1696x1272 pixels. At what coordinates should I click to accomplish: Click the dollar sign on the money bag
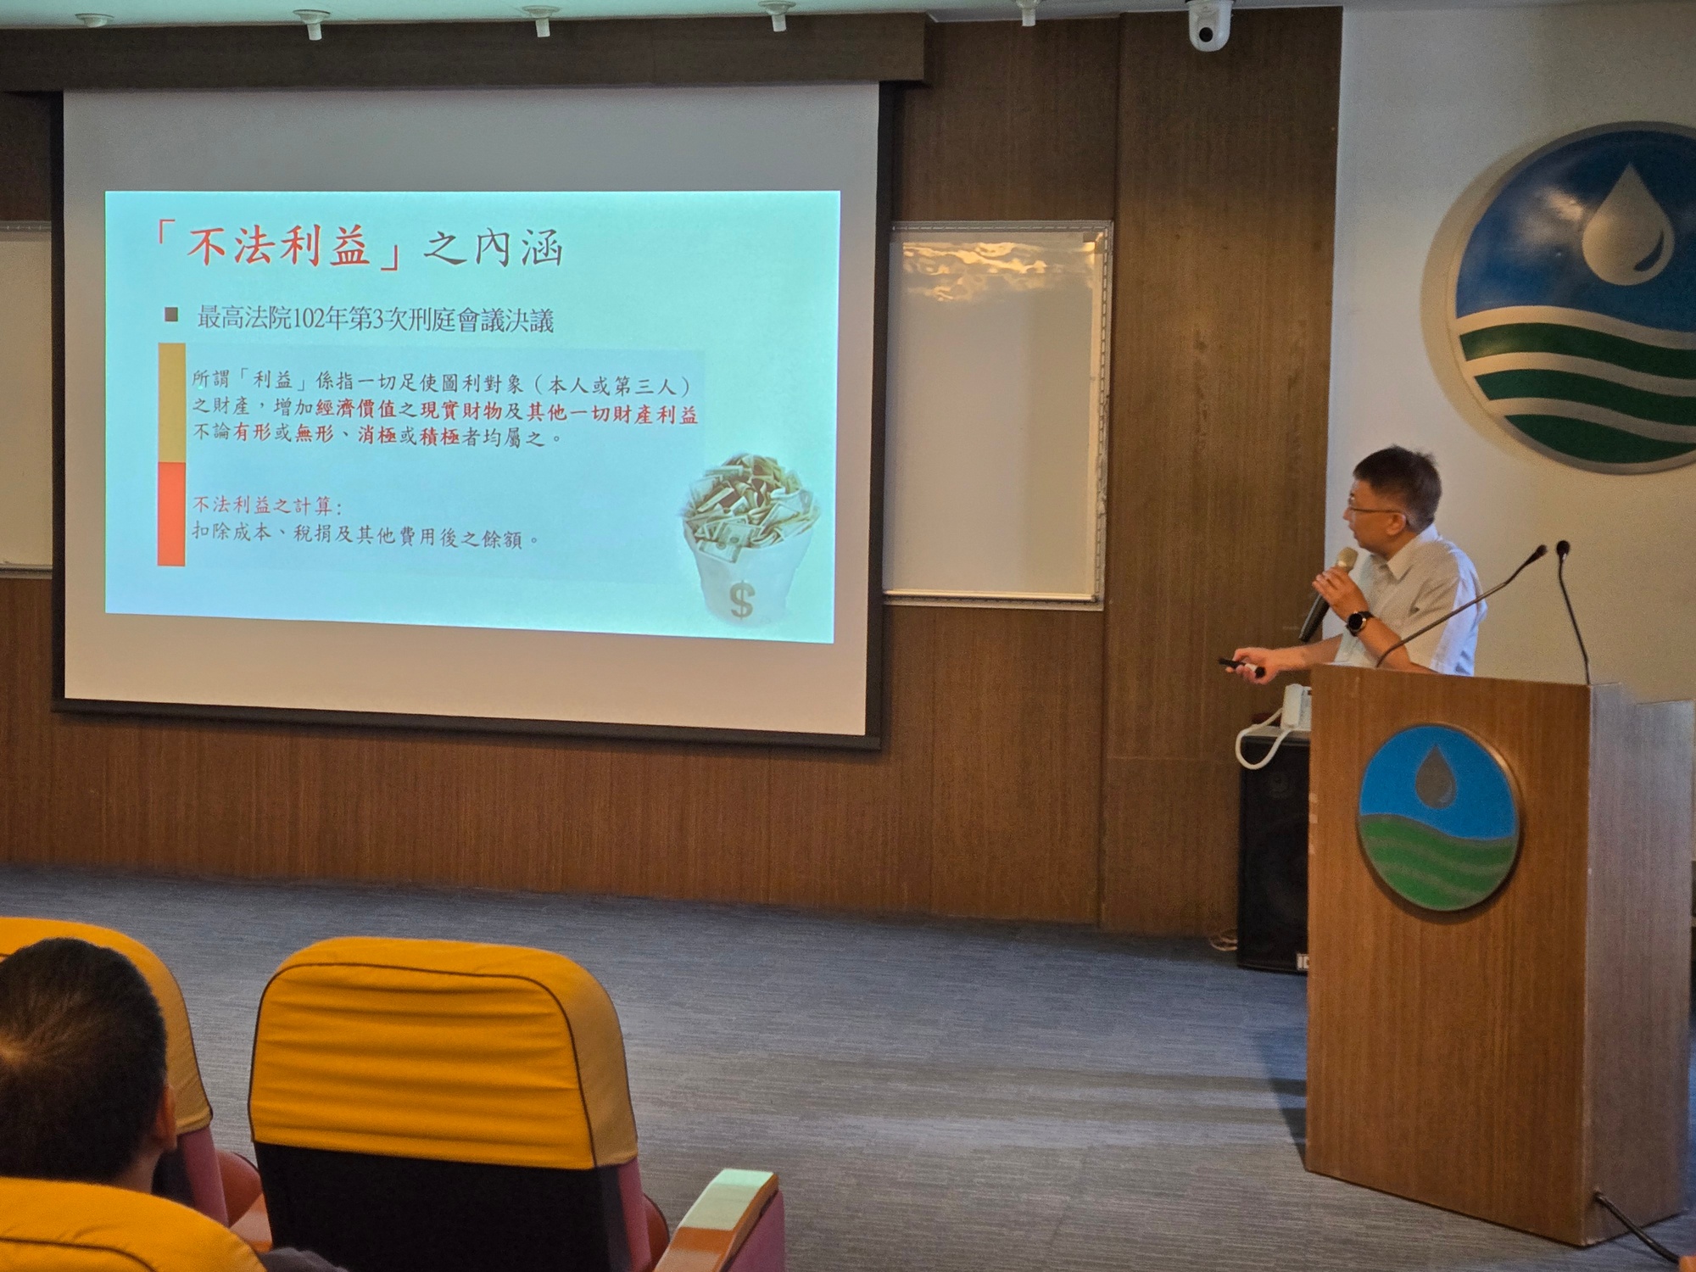pyautogui.click(x=741, y=600)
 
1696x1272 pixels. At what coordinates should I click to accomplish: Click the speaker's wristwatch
pyautogui.click(x=1358, y=622)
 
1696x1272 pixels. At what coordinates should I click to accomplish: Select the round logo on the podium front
pyautogui.click(x=1438, y=817)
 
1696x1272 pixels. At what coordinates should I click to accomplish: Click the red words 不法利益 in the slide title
pyautogui.click(x=277, y=247)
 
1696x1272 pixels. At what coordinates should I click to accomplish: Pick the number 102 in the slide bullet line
pyautogui.click(x=314, y=320)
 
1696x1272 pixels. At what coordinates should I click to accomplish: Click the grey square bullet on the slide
pyautogui.click(x=171, y=315)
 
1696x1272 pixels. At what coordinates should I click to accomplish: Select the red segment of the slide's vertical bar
pyautogui.click(x=171, y=513)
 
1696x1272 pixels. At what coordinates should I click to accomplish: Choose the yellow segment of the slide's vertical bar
pyautogui.click(x=171, y=402)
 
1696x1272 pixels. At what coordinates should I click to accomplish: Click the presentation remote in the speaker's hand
pyautogui.click(x=1239, y=666)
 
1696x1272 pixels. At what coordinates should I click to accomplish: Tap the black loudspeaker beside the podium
pyautogui.click(x=1272, y=856)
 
